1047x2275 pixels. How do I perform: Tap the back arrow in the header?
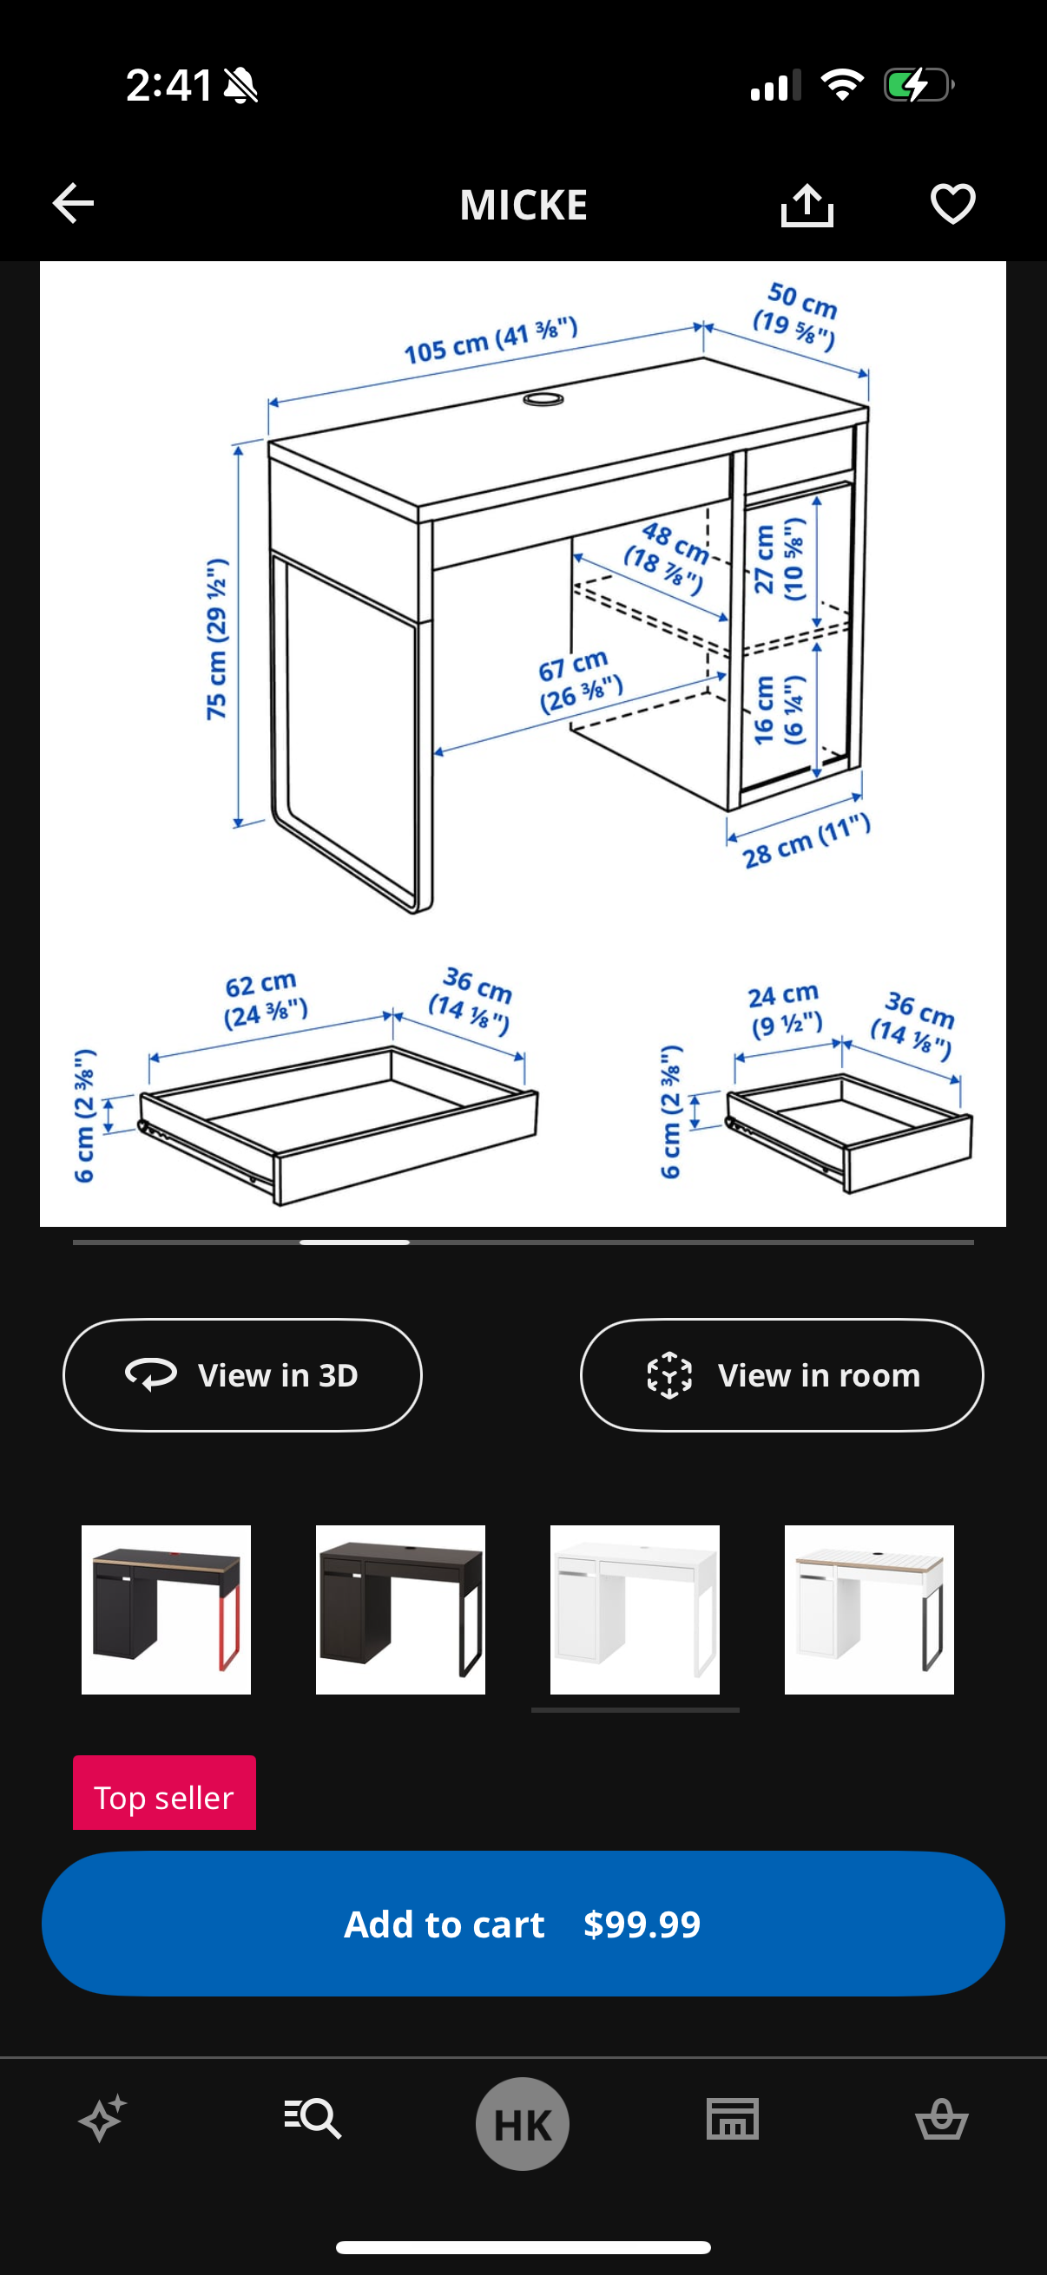click(72, 204)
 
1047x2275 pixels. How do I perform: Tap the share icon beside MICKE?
click(807, 205)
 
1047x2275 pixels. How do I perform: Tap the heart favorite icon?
click(952, 204)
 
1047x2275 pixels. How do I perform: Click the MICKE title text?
click(523, 205)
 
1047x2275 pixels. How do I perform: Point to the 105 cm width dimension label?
click(491, 340)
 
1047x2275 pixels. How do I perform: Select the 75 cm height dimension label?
click(216, 639)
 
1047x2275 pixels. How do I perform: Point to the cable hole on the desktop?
click(543, 399)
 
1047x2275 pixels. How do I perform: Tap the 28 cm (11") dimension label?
click(806, 842)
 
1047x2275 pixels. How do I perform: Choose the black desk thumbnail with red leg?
click(166, 1610)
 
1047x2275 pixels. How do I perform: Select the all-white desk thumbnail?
click(635, 1610)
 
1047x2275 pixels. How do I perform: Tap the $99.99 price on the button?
click(642, 1924)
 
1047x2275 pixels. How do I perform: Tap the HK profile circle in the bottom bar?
click(522, 2123)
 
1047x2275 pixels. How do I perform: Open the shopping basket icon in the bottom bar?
click(942, 2120)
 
